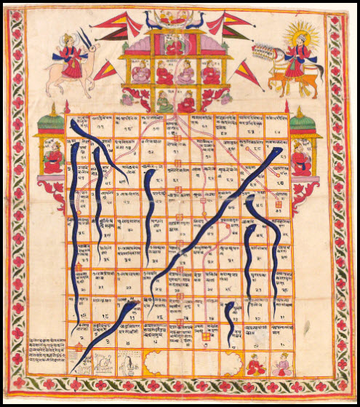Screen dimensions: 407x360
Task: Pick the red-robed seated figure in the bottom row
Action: (254, 364)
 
